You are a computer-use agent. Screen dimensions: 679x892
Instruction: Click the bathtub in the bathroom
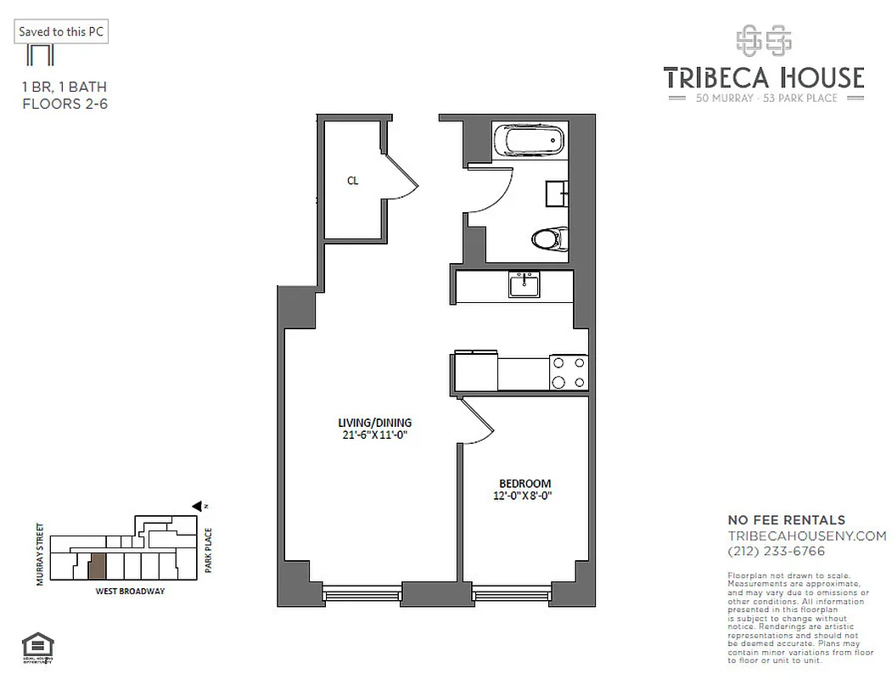point(530,140)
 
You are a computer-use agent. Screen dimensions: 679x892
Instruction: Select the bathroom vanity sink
point(558,194)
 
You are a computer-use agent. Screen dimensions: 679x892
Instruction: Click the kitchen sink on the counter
point(524,284)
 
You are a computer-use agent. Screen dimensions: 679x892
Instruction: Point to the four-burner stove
point(569,372)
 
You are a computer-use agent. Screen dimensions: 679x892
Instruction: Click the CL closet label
point(351,180)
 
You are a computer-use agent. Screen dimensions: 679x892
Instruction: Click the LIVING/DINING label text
point(374,422)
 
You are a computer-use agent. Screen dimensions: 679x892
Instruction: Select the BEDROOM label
point(525,483)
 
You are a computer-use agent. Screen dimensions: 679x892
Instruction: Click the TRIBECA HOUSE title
point(763,78)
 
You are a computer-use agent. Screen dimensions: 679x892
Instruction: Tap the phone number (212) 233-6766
point(776,551)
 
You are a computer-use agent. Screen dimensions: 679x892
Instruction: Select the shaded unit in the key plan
point(98,565)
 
